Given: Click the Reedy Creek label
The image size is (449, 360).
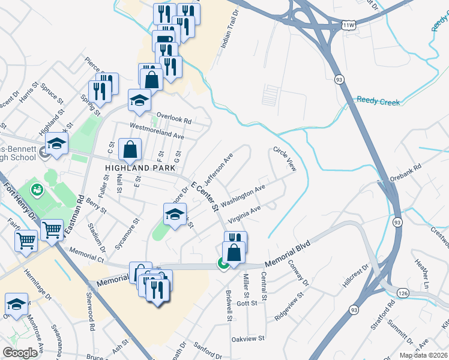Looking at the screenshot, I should point(378,102).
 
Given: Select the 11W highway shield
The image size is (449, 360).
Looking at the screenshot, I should point(349,25).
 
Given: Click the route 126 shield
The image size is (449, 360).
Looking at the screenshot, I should point(402,293).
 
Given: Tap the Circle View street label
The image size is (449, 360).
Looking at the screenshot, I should point(285,159).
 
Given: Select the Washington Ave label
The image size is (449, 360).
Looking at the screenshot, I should point(243,196).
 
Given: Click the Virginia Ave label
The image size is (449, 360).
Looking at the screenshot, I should point(245,215).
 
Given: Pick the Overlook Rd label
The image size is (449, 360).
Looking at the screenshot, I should point(173,118).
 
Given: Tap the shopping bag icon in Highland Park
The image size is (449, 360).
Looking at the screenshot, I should point(130,150).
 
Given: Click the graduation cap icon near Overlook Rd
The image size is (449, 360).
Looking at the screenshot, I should point(139,100).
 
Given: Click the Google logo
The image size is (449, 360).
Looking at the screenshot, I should point(19,353).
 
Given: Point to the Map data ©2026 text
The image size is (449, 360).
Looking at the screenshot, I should point(423,355).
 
